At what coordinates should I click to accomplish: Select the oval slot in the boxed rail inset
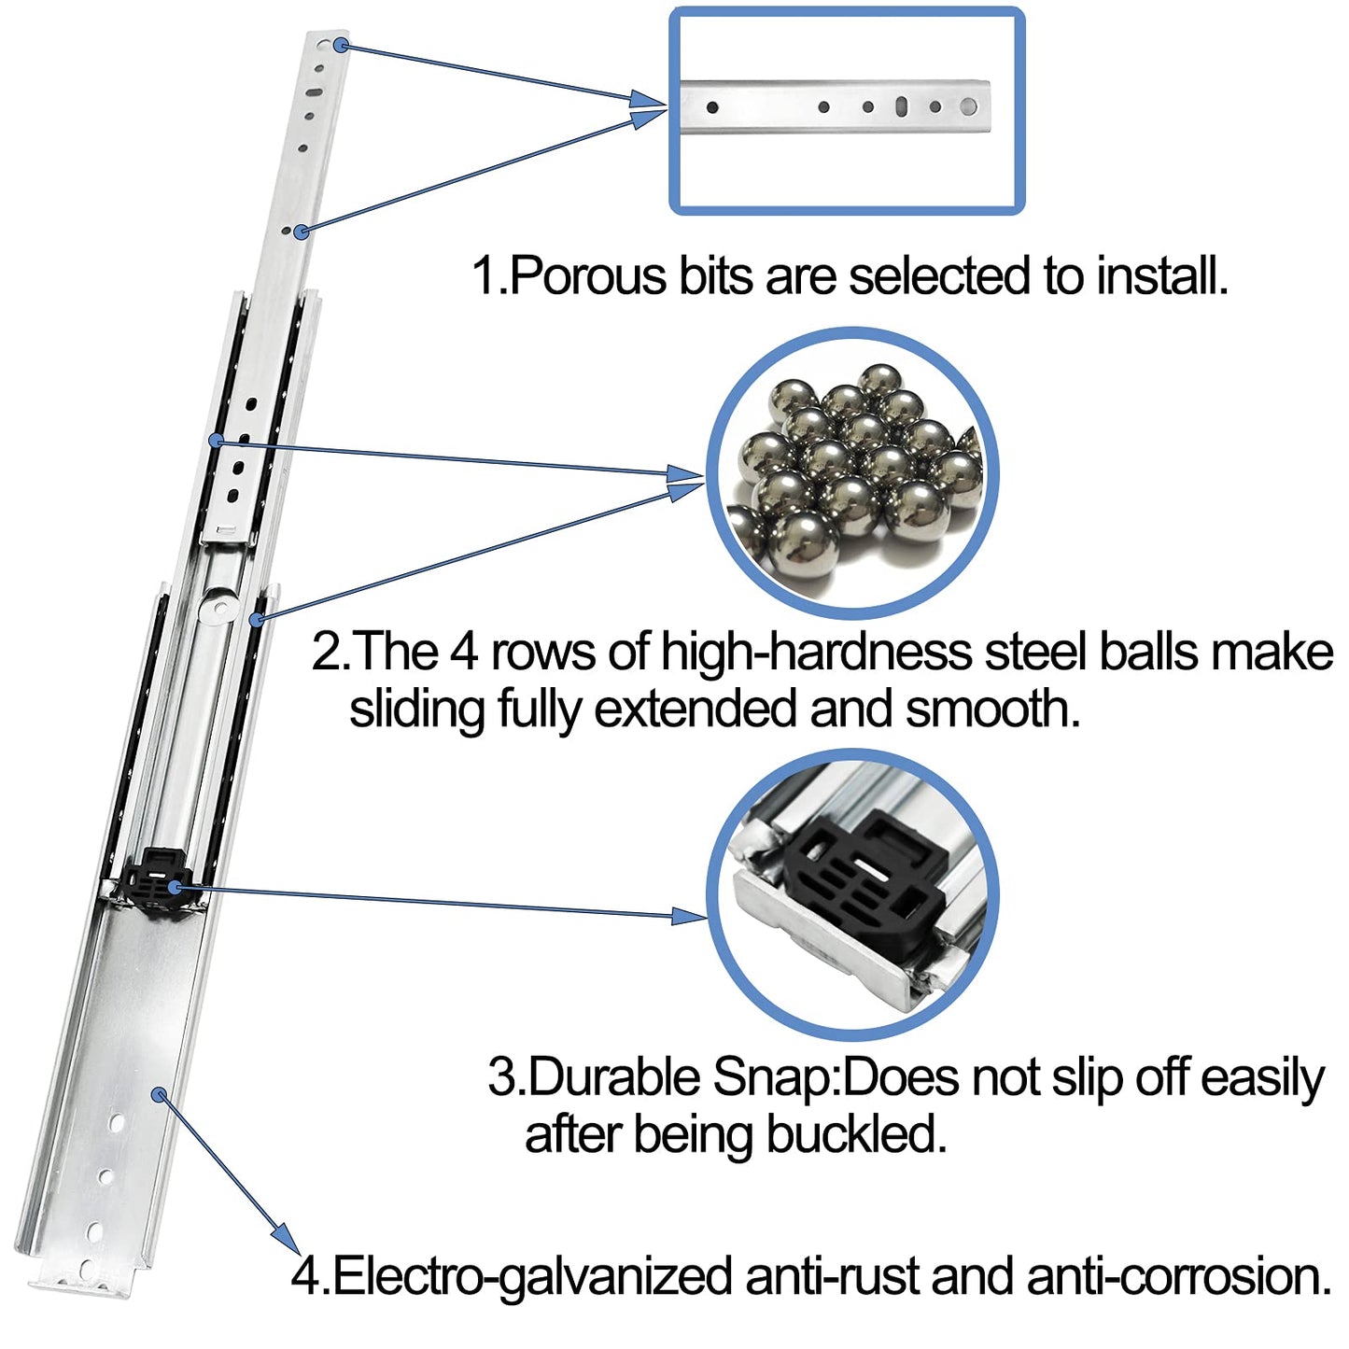(x=903, y=107)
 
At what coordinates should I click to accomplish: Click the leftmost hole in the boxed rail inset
(x=712, y=107)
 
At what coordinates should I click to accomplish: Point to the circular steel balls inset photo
(x=851, y=472)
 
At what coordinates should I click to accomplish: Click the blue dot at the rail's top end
(x=342, y=45)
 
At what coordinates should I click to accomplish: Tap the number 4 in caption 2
(x=464, y=652)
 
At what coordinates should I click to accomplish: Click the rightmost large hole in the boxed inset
(x=968, y=107)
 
